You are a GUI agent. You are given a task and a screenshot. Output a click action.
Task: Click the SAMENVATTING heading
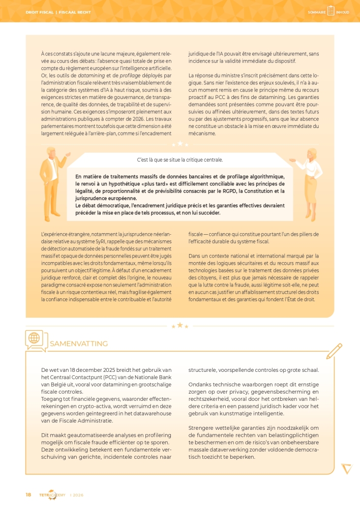point(78,344)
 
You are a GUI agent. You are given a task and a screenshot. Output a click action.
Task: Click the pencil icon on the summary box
point(334,351)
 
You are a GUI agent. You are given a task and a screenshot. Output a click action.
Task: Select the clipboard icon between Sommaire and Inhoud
point(331,11)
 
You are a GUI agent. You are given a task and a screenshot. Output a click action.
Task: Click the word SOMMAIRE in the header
point(316,12)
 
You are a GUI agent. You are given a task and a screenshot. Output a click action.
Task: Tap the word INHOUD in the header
point(343,12)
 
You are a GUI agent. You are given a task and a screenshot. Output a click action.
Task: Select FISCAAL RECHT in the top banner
point(74,12)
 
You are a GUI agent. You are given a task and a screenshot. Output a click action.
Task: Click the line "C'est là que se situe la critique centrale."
point(179,160)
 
